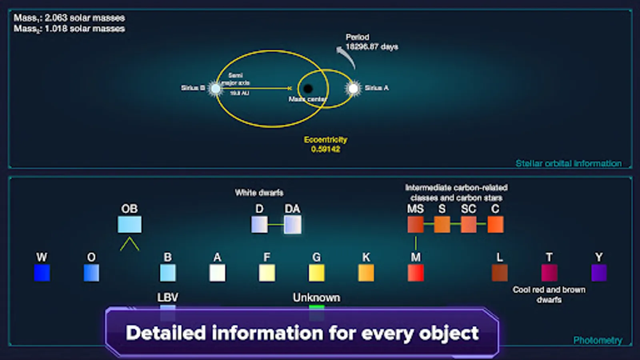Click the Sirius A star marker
pos(353,88)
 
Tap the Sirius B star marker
pos(216,88)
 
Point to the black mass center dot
pos(308,89)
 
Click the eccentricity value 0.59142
pos(326,149)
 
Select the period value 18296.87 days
pos(372,47)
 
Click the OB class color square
pos(130,224)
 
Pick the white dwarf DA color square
pos(292,224)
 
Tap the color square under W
pos(42,273)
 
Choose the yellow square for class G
pos(316,273)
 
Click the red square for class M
pos(416,273)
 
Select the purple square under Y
pos(599,273)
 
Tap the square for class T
pos(549,273)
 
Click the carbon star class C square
pos(495,224)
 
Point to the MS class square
pos(416,224)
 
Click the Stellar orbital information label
pos(568,163)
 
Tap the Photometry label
pos(598,340)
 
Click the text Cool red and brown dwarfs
pos(549,294)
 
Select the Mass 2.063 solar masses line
pos(69,18)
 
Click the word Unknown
pos(316,298)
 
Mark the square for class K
pos(366,273)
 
